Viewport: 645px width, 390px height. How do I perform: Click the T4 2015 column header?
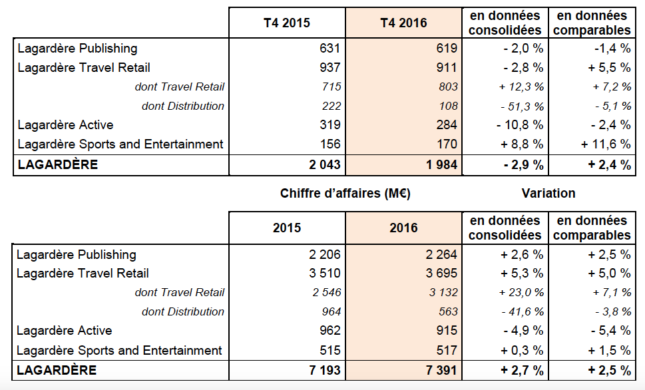point(286,23)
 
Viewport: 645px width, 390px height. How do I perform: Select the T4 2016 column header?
point(403,23)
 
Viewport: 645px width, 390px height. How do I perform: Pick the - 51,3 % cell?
point(521,106)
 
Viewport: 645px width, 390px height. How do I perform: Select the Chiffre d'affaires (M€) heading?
point(345,194)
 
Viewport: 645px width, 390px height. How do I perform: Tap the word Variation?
point(548,194)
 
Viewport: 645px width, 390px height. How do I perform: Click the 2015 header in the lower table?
point(286,228)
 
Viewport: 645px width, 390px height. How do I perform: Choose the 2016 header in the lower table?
point(403,228)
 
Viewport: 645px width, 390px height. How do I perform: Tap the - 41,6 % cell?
point(521,312)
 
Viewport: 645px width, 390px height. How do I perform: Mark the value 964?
point(331,311)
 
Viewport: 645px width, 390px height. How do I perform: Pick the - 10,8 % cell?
point(519,125)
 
